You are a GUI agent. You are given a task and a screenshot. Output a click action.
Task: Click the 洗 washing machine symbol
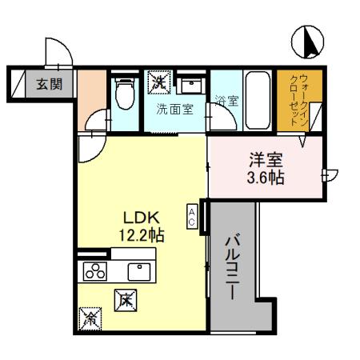[158, 81]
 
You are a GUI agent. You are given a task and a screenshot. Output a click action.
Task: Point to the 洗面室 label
[174, 109]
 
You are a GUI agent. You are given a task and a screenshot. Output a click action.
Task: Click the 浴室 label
[226, 102]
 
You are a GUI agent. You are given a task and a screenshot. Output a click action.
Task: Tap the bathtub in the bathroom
[257, 97]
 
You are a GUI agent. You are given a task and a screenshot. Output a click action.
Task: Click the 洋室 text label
[266, 159]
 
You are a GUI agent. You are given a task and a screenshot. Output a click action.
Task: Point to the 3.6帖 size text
[266, 178]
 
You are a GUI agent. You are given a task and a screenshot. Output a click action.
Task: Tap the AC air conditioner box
[193, 215]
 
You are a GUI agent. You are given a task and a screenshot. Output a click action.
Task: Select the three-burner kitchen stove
[96, 270]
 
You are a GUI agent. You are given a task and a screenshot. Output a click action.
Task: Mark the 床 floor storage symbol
[126, 300]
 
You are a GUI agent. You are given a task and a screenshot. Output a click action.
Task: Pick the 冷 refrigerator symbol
[91, 318]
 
